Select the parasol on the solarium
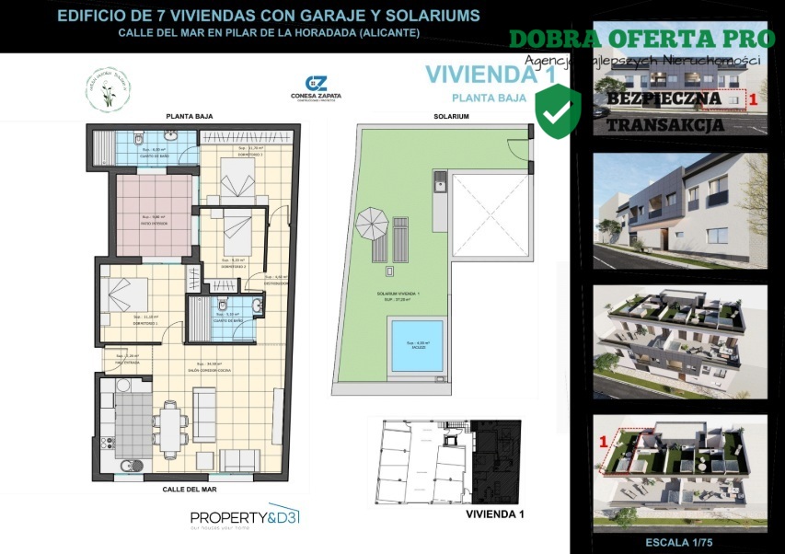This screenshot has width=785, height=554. click(373, 222)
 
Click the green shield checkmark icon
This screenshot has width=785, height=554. click(558, 110)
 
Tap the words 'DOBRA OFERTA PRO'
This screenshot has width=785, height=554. click(641, 39)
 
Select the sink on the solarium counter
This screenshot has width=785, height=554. click(440, 179)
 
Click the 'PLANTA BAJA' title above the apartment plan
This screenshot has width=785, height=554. click(185, 117)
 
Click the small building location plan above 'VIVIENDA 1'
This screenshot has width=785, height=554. click(445, 460)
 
